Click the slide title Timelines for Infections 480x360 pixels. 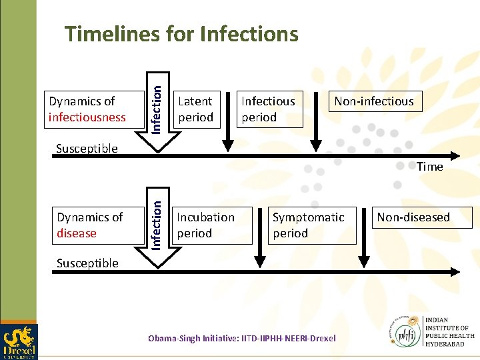tap(181, 33)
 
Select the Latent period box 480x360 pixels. tap(195, 109)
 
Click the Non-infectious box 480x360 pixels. tap(373, 101)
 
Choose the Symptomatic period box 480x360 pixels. tap(308, 225)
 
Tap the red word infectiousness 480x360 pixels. tap(87, 117)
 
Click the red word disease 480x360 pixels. tap(77, 233)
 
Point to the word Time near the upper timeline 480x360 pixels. tap(429, 167)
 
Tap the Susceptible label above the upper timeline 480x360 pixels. tap(87, 148)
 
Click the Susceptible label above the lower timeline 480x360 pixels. tap(87, 263)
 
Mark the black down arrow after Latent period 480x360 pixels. tap(228, 120)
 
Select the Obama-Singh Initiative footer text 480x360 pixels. tap(241, 339)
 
